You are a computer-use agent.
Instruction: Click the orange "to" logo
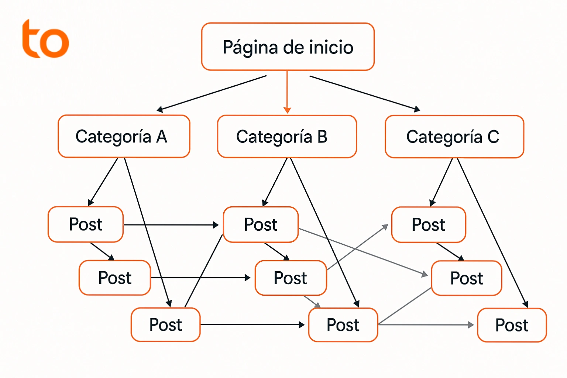pyautogui.click(x=45, y=39)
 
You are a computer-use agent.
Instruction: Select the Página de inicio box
pyautogui.click(x=288, y=47)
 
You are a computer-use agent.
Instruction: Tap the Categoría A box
pyautogui.click(x=124, y=137)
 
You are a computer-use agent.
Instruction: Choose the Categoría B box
pyautogui.click(x=287, y=137)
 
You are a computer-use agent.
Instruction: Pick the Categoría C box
pyautogui.click(x=454, y=137)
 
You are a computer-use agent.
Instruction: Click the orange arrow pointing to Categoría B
pyautogui.click(x=287, y=92)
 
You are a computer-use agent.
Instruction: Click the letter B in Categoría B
pyautogui.click(x=322, y=137)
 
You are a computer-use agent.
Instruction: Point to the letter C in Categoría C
pyautogui.click(x=493, y=137)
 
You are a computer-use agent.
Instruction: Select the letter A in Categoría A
pyautogui.click(x=161, y=137)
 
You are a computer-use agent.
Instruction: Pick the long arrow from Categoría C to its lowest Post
pyautogui.click(x=492, y=233)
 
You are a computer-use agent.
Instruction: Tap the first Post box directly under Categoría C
pyautogui.click(x=428, y=224)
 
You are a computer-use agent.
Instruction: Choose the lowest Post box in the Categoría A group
pyautogui.click(x=165, y=325)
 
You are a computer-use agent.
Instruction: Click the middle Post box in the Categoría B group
pyautogui.click(x=291, y=278)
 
